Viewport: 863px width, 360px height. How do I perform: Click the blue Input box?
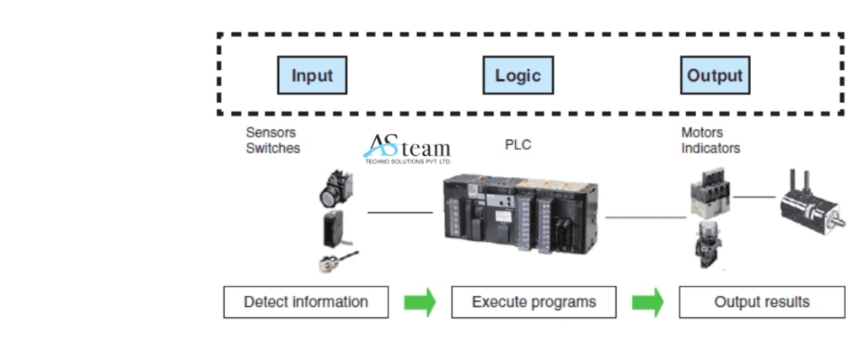coord(312,75)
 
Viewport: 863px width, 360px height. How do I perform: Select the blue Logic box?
coord(517,75)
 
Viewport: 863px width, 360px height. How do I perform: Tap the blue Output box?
coord(715,75)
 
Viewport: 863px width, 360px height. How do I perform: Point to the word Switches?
coord(272,148)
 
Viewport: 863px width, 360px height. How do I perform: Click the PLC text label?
coord(517,145)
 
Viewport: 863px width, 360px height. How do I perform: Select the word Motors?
coord(702,132)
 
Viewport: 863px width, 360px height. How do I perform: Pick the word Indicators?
coord(710,148)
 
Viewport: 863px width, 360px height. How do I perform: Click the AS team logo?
coord(407,148)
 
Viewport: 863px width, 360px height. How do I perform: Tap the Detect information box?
coord(306,302)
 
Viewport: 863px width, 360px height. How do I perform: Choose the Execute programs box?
coord(533,302)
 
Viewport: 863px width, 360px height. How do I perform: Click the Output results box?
coord(762,302)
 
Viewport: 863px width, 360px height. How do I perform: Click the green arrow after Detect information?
coord(420,302)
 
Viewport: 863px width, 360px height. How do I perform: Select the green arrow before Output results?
coord(647,302)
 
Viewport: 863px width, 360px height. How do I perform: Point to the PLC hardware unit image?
coord(522,214)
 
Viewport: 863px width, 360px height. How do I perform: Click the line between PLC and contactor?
coord(646,218)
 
